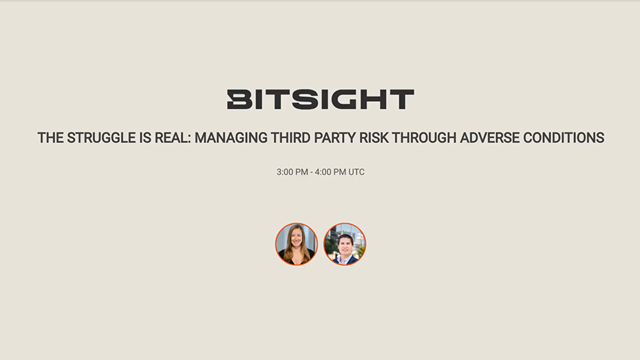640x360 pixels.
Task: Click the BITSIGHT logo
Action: pos(320,99)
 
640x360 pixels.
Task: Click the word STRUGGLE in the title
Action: pos(100,138)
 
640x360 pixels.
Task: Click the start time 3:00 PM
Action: pos(292,172)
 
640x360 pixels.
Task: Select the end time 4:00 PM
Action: pos(330,172)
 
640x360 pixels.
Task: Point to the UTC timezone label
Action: pos(356,172)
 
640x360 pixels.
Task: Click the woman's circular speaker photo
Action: pos(296,244)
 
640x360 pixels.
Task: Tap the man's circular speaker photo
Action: pos(345,244)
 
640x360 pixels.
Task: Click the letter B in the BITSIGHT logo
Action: pos(239,99)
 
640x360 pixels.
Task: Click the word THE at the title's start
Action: pos(50,138)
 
